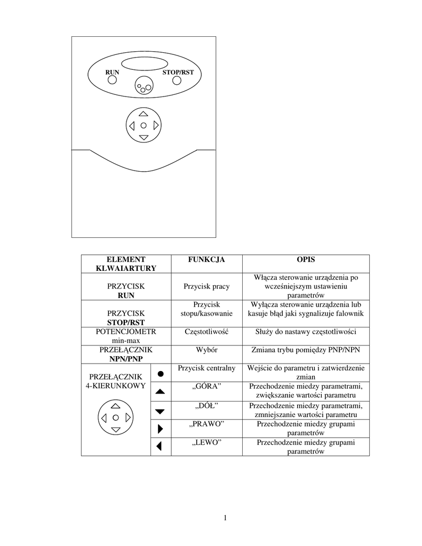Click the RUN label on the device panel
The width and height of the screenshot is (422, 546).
coord(112,72)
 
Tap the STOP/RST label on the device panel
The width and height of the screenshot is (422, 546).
coord(178,72)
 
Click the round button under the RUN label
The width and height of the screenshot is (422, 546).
coord(112,81)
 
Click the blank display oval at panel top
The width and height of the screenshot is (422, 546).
coord(143,63)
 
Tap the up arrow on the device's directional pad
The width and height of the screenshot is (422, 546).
coord(143,114)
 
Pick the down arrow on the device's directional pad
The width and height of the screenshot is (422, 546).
coord(143,138)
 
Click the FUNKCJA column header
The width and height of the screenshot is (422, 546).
coord(206,260)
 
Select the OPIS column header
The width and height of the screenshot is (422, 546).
coord(306,260)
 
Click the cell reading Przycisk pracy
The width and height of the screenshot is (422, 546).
coord(206,286)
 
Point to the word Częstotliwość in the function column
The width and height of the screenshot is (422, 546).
coord(206,332)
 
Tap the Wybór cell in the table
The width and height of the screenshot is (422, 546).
coord(206,350)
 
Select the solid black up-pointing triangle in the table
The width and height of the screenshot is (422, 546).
coord(161,392)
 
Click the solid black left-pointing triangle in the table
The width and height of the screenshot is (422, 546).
coord(160,446)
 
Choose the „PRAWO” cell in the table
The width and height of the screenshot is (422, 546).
coord(206,424)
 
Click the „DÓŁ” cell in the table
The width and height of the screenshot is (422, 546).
coord(206,406)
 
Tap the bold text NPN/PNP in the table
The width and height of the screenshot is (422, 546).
coord(126,359)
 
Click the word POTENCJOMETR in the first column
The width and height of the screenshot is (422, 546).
coord(126,332)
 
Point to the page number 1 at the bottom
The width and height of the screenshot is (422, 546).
coord(225,517)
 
